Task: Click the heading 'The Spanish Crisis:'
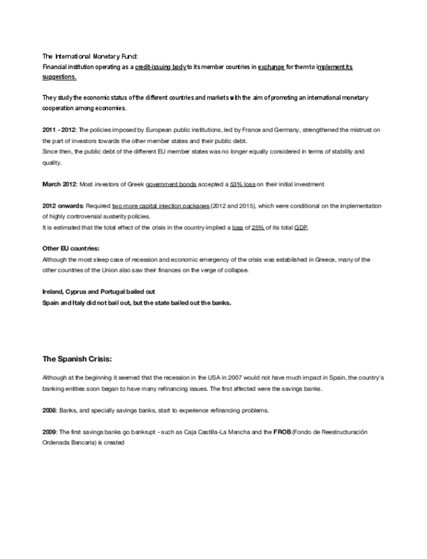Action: (77, 359)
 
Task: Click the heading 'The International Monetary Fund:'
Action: (90, 57)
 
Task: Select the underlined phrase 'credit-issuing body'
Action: (161, 67)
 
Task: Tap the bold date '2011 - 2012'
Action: (59, 131)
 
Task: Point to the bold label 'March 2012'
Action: (59, 183)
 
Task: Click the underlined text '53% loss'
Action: (242, 183)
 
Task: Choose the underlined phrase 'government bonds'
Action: (172, 183)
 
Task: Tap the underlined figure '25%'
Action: (258, 227)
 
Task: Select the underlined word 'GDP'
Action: (300, 227)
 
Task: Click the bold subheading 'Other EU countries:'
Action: (71, 249)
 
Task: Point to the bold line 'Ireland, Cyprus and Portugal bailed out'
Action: (98, 291)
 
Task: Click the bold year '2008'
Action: (50, 410)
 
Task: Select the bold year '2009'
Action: (50, 432)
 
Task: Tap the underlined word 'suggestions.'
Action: (59, 77)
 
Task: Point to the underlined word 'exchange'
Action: (271, 67)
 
